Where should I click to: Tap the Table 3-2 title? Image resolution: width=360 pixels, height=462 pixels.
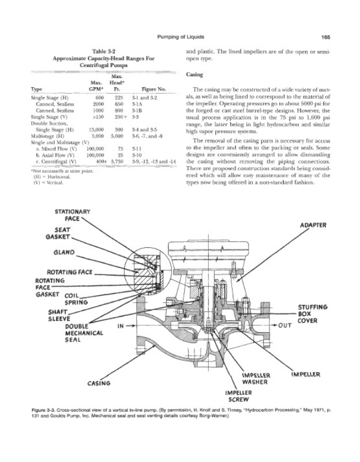coord(104,51)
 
